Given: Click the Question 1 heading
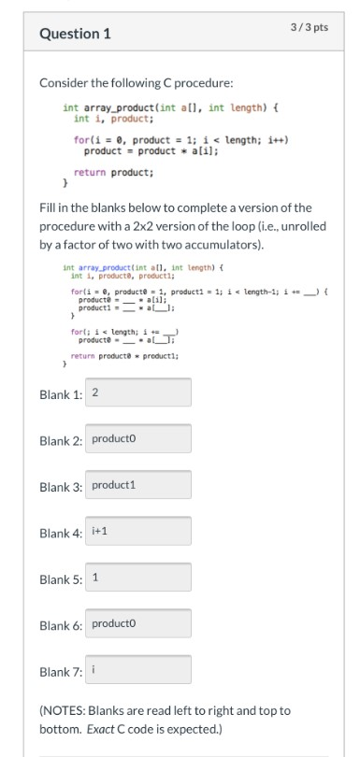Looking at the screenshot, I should [x=75, y=34].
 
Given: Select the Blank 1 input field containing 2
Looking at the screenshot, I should [x=140, y=393].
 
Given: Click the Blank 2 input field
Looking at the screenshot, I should [x=140, y=438].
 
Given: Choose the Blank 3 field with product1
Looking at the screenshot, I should [x=140, y=485].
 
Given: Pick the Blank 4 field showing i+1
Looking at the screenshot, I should [x=140, y=531].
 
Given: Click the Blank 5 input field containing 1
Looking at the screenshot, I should [x=140, y=577].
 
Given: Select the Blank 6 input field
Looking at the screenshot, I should [x=140, y=623].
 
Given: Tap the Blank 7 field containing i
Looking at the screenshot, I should [x=140, y=669].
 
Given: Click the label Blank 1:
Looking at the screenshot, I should [x=61, y=393].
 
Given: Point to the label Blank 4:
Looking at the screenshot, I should [x=61, y=532].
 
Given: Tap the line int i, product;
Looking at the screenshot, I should [x=113, y=120].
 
